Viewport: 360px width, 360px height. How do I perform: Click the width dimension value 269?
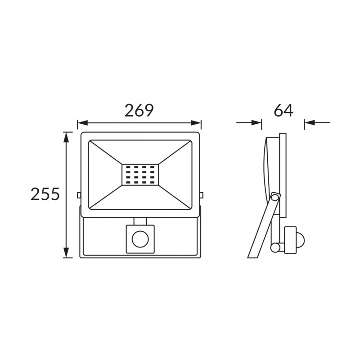coord(139,110)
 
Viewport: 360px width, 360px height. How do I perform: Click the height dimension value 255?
coord(45,194)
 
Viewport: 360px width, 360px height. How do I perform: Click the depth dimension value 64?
coord(283,110)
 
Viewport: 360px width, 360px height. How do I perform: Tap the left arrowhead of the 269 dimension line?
coord(83,122)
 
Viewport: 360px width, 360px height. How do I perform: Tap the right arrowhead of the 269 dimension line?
coord(196,122)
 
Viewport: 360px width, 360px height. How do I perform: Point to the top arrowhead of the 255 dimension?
coord(66,137)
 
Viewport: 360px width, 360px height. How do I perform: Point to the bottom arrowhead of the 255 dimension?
coord(66,252)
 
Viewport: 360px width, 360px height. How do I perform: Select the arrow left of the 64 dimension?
coord(249,122)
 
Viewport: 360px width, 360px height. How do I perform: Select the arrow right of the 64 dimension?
coord(317,122)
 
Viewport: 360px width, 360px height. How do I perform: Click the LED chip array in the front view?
coord(140,175)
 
